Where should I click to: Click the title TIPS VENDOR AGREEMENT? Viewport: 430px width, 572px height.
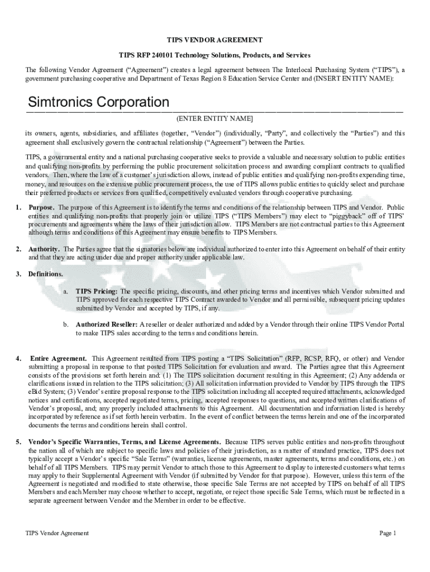(215, 40)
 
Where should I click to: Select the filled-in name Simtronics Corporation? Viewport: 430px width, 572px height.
(98, 102)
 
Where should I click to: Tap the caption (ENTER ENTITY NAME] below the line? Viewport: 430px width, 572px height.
(214, 119)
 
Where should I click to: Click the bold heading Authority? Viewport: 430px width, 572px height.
(45, 249)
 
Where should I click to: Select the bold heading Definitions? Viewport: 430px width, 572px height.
(46, 274)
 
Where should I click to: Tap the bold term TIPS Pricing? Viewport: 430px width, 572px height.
(97, 291)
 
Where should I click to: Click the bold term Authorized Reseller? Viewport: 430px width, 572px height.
(107, 325)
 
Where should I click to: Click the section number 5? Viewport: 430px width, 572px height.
(18, 442)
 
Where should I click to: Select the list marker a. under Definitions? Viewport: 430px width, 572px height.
(65, 291)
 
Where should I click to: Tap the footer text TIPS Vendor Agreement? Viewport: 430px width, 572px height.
(57, 533)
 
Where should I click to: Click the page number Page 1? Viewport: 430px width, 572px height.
(388, 533)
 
